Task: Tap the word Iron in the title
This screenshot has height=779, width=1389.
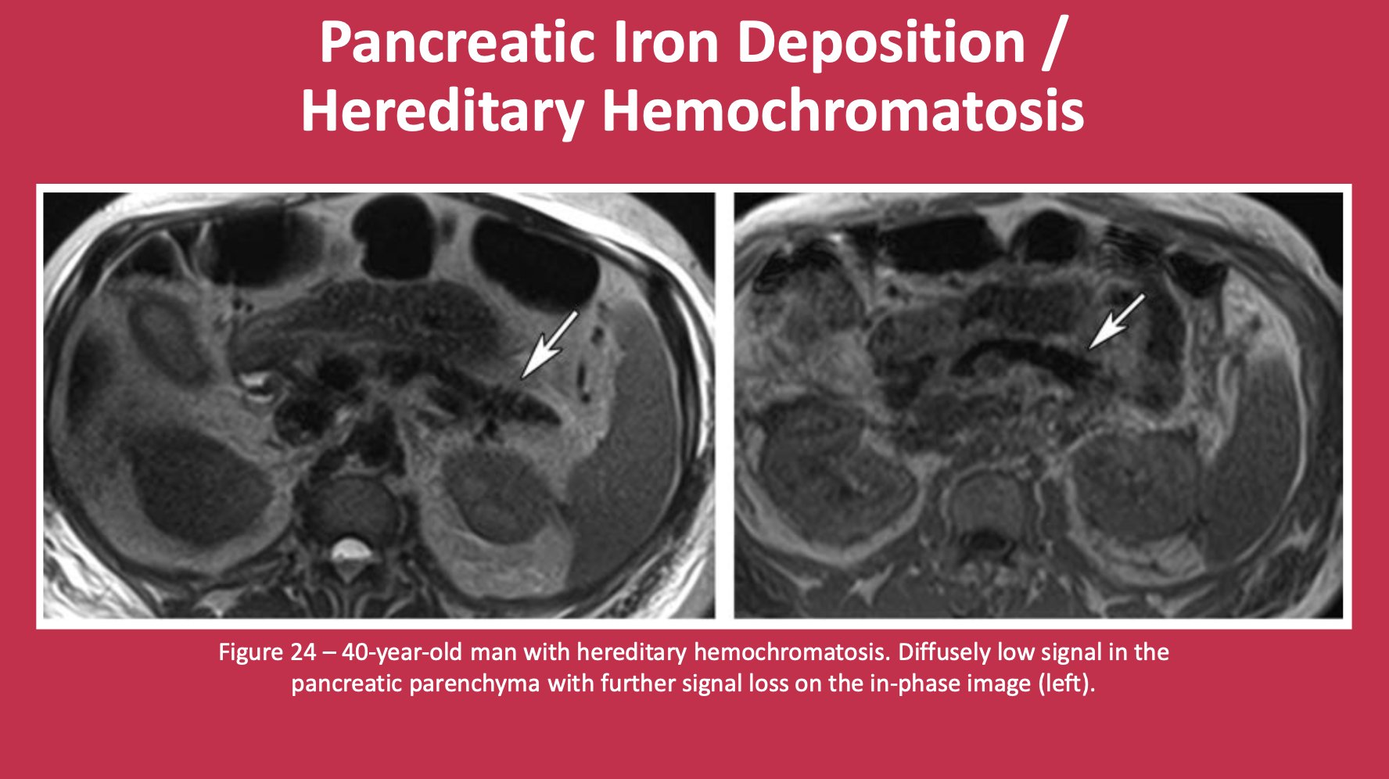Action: pyautogui.click(x=665, y=44)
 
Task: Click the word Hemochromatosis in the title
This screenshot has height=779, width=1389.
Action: pyautogui.click(x=842, y=111)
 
